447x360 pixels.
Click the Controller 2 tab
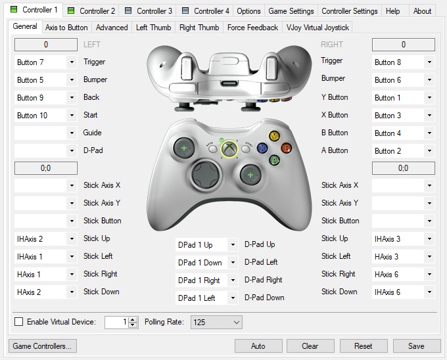[x=91, y=11]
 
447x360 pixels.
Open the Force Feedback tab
[x=252, y=28]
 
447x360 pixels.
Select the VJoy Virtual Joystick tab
[x=318, y=28]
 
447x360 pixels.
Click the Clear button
[x=310, y=346]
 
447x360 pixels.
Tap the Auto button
[x=258, y=346]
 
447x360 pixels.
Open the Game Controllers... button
[x=43, y=346]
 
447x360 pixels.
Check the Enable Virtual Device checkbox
[x=19, y=322]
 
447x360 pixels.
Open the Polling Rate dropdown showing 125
[x=216, y=322]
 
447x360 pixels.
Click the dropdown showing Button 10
[x=45, y=116]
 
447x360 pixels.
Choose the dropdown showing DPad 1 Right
[x=206, y=281]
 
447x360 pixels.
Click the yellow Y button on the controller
[x=274, y=136]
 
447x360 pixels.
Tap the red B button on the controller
[x=286, y=148]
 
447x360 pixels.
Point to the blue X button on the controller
[x=262, y=148]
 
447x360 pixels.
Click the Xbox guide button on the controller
[x=229, y=148]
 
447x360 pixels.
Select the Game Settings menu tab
[x=291, y=11]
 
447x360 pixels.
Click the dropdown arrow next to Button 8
[x=429, y=62]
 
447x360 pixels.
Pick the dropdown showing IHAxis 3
[x=404, y=238]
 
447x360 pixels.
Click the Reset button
[x=364, y=346]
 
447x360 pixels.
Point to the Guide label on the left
[x=93, y=133]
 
